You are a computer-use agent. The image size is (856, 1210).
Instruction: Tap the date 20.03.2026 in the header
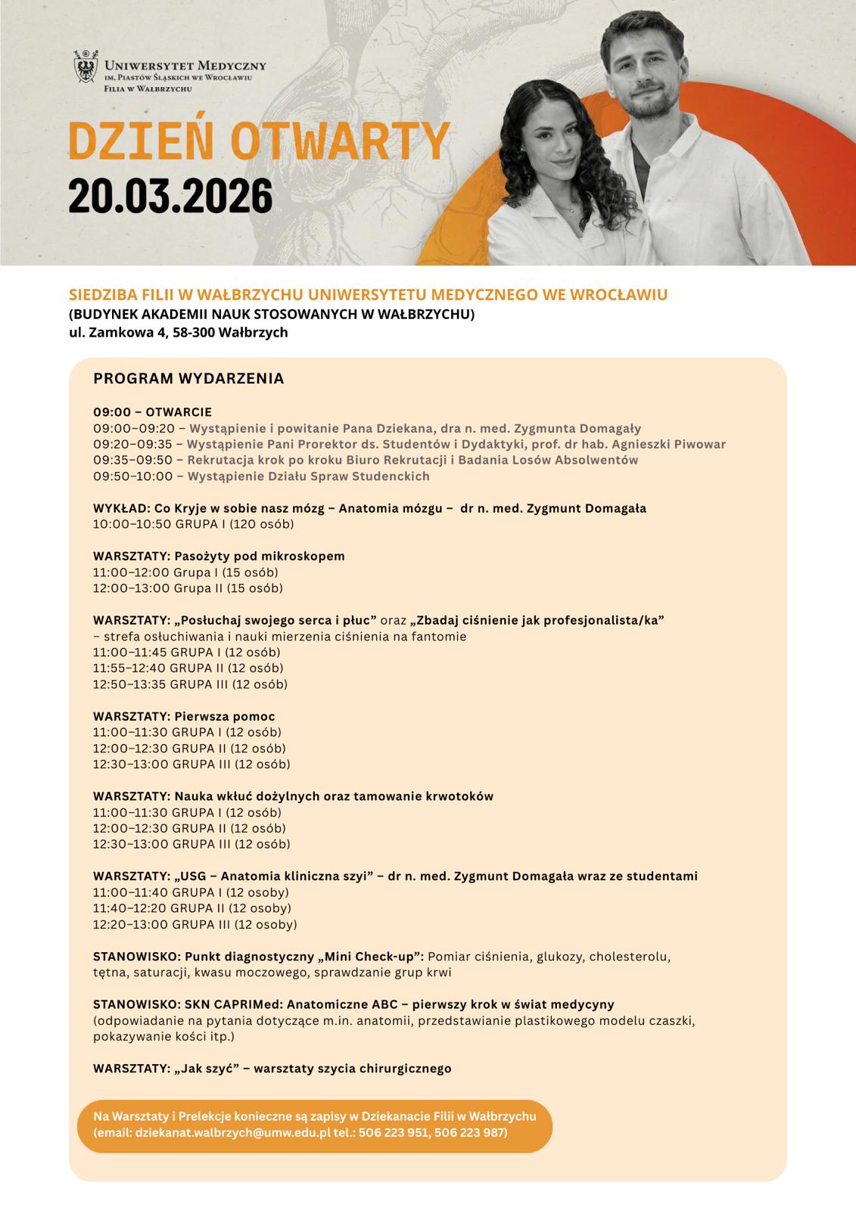(x=170, y=196)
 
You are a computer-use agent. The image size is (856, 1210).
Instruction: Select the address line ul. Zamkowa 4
(x=178, y=332)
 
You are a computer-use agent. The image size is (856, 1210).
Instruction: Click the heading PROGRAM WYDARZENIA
(x=188, y=378)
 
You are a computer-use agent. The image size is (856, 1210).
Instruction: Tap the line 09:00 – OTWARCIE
(x=152, y=412)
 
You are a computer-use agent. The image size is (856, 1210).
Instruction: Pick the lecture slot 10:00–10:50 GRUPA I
(x=193, y=524)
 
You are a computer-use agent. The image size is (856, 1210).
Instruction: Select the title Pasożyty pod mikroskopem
(x=260, y=556)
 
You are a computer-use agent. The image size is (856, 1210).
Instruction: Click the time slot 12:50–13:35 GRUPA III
(x=190, y=684)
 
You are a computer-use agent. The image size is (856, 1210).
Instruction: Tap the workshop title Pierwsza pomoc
(x=225, y=716)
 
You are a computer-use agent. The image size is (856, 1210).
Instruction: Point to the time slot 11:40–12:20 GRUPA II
(x=191, y=908)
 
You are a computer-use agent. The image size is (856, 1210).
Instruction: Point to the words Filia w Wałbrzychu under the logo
(x=148, y=88)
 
